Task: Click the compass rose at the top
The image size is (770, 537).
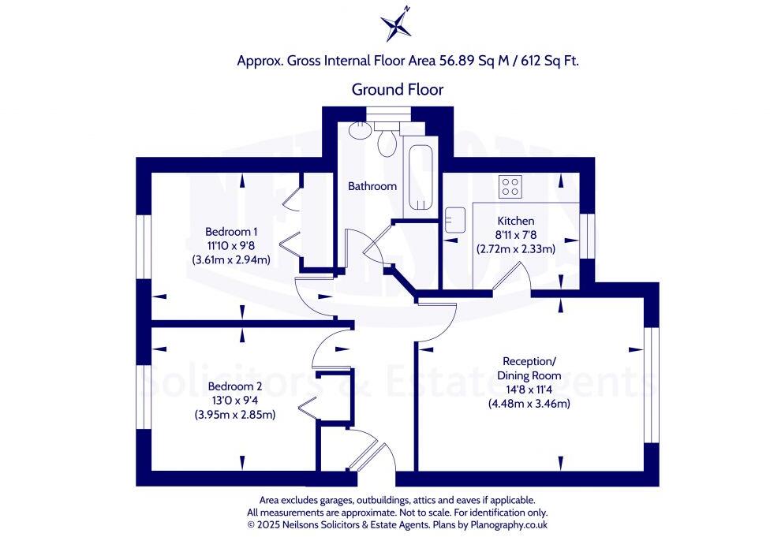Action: [x=396, y=24]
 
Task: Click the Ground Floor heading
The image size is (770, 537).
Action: [x=397, y=90]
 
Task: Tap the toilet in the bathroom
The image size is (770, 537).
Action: [x=387, y=142]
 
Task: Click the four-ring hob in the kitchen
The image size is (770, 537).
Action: [x=510, y=187]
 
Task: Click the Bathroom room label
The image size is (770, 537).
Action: [x=372, y=187]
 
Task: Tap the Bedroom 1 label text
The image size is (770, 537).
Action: [x=231, y=232]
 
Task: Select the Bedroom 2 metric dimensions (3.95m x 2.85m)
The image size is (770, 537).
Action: [x=234, y=415]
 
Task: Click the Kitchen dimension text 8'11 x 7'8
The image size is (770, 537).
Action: [x=515, y=235]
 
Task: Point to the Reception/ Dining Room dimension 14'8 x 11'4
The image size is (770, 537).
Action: [x=528, y=390]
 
